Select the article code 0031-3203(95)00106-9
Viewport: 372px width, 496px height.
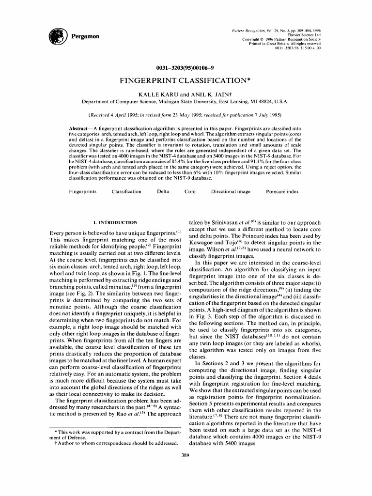186,68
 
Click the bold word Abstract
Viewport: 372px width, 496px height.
80,127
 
